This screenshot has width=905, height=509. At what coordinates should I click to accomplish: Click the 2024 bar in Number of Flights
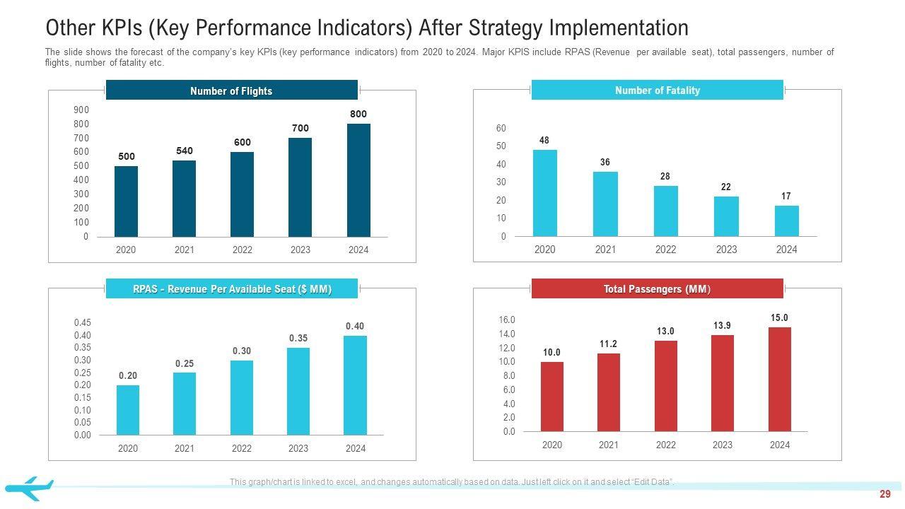tap(358, 180)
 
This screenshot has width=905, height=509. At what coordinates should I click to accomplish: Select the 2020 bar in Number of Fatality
tap(544, 193)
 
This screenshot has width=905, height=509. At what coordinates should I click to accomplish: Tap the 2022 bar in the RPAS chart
tap(242, 397)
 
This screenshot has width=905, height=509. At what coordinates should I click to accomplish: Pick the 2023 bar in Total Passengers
tap(723, 383)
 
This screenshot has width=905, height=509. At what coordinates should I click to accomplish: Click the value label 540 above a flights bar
tap(184, 151)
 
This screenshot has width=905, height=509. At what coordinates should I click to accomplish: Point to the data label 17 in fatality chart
tap(786, 196)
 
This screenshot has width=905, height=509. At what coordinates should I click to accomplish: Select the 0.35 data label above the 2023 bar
tap(298, 339)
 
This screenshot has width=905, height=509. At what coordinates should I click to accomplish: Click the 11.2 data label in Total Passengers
tap(608, 344)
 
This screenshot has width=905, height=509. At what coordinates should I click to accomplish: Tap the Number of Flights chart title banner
tap(231, 90)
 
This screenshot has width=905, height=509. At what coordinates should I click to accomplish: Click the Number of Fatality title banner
tap(657, 90)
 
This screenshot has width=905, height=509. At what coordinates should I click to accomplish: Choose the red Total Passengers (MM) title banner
tap(657, 288)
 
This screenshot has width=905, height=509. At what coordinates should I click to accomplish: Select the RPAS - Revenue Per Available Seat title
tap(232, 289)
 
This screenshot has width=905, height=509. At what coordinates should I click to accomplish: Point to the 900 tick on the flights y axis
tap(81, 110)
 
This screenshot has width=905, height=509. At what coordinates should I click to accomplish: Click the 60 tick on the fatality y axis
tap(501, 128)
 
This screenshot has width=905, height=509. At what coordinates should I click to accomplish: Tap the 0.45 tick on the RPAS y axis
tap(83, 322)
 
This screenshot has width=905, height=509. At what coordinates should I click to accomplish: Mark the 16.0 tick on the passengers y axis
tap(508, 320)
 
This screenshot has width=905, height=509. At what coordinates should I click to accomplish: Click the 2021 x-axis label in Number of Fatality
tap(605, 250)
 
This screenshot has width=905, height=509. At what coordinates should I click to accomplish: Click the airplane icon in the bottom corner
tap(29, 488)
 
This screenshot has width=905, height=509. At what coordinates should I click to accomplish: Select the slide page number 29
tap(885, 494)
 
